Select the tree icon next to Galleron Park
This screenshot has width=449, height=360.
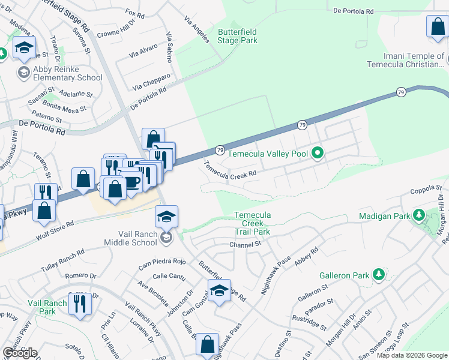[378, 275]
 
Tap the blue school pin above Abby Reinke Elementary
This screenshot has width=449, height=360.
[24, 49]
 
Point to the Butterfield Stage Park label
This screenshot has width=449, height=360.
[238, 36]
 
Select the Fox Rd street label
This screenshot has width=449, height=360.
[136, 13]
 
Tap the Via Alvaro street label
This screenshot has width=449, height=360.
[143, 52]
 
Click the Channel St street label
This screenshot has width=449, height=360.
[246, 244]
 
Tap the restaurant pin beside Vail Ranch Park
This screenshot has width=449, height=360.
[79, 304]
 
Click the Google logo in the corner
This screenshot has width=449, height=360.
[20, 353]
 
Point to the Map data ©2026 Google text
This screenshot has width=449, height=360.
[412, 355]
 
